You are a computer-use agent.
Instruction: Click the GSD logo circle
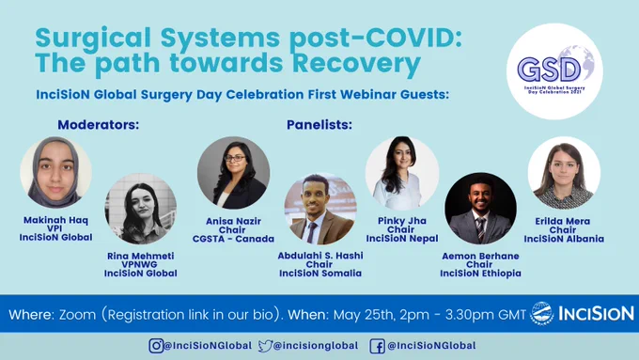554,71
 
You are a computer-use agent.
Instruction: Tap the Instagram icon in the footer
156,346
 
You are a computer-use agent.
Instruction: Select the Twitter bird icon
265,346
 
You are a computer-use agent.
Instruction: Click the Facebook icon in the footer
377,346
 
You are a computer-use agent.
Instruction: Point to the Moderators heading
99,125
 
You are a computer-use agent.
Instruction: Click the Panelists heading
319,125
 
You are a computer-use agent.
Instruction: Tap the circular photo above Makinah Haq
55,172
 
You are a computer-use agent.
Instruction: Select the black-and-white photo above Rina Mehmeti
141,209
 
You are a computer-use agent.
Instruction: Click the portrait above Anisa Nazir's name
233,172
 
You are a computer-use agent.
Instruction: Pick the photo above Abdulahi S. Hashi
320,209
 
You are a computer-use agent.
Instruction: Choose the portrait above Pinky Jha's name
402,173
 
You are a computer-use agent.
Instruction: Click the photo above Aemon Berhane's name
480,209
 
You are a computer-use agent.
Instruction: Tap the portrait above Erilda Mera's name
564,172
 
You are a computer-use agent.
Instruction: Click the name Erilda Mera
562,222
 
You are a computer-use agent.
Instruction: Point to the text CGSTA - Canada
233,239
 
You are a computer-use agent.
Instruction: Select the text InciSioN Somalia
320,274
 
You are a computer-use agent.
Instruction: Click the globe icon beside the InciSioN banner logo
541,314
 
